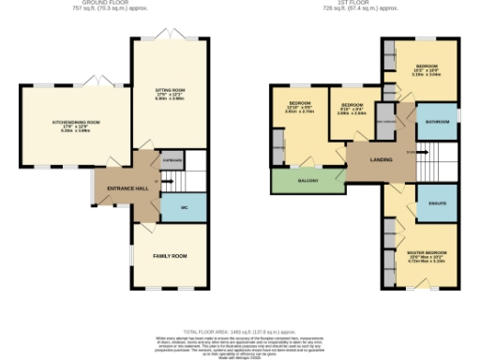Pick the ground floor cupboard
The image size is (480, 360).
click(171, 160)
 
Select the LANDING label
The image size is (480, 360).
click(382, 160)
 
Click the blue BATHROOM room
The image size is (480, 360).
click(436, 123)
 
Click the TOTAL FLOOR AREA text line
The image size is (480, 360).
click(239, 333)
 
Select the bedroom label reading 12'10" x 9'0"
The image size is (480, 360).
click(300, 105)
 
